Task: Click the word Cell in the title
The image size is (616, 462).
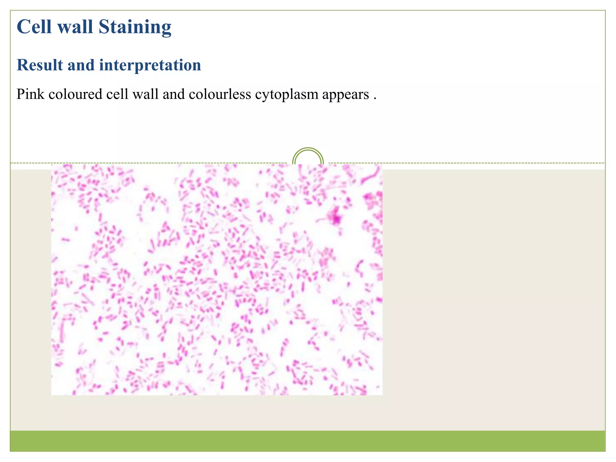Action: tap(34, 27)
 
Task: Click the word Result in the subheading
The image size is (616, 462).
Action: tap(40, 65)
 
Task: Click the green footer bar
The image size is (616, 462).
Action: tap(307, 441)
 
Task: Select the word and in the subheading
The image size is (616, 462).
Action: tap(81, 65)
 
